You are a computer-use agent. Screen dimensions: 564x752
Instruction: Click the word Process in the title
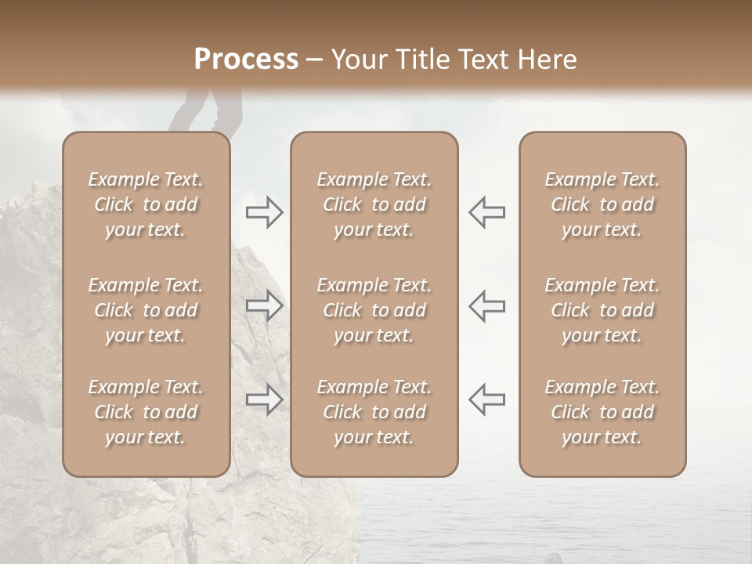click(246, 60)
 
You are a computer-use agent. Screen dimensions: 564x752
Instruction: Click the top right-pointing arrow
click(265, 212)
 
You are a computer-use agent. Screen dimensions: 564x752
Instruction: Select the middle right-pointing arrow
click(265, 305)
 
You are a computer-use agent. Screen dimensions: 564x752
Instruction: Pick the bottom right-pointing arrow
click(265, 399)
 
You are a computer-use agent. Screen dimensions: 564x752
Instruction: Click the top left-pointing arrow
click(486, 212)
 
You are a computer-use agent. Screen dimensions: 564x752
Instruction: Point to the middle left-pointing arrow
click(486, 305)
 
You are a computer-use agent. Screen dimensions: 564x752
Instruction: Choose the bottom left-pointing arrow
click(486, 399)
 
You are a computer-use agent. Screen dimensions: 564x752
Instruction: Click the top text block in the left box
click(146, 204)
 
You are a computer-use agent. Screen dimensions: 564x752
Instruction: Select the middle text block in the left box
click(146, 310)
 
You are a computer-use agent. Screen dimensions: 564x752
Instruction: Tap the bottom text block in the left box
click(146, 412)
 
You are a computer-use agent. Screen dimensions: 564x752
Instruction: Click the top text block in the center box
click(374, 204)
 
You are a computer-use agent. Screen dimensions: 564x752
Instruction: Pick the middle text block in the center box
click(374, 310)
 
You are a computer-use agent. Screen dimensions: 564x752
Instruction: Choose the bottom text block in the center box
click(374, 412)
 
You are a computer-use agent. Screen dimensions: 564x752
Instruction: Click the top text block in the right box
click(602, 204)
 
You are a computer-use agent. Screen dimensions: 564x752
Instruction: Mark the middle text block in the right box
click(602, 310)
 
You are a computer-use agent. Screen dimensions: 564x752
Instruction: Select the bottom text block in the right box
click(602, 412)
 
